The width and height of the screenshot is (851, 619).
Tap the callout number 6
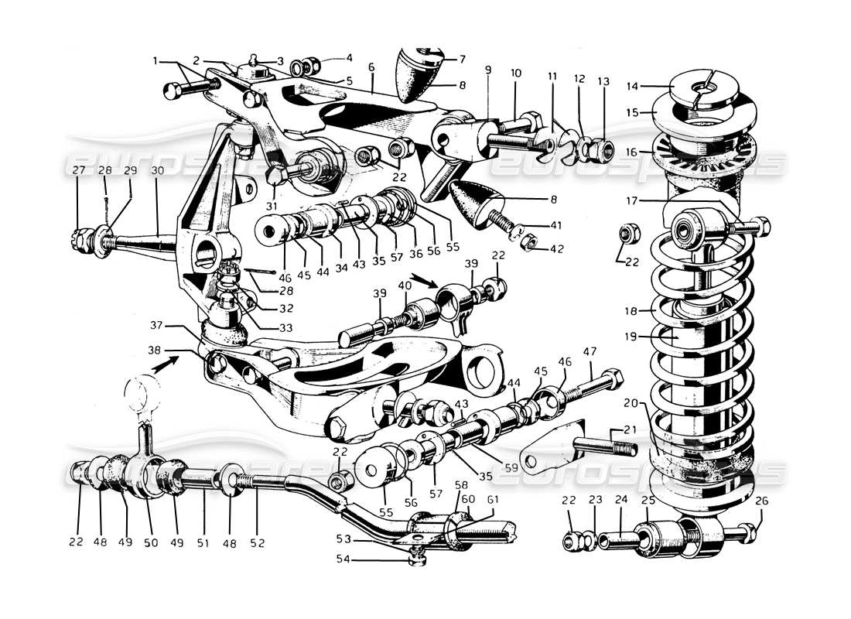(371, 67)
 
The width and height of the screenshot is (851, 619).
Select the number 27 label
(78, 171)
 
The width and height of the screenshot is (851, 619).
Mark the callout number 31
(270, 206)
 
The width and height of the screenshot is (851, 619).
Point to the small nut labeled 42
(529, 245)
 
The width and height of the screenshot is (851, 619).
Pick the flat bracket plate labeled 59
(555, 446)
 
